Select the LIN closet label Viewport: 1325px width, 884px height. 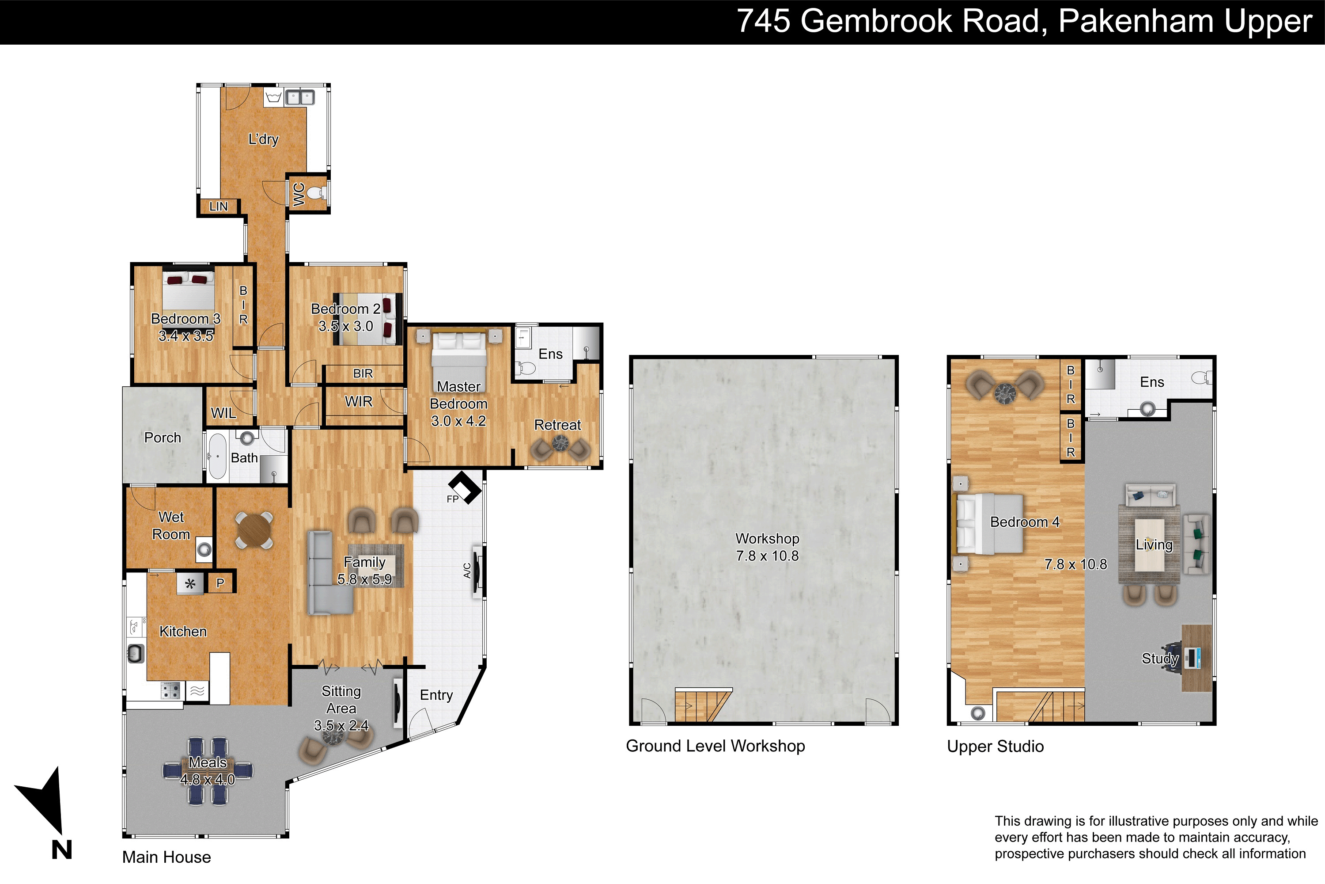tap(218, 206)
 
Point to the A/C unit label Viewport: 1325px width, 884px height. tap(467, 571)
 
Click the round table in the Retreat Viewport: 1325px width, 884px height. tap(560, 444)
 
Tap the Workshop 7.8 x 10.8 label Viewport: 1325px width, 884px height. tap(767, 547)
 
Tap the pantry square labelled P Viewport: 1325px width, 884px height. tap(220, 583)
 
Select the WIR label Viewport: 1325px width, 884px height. tap(359, 401)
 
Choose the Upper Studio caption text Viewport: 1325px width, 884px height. tap(995, 747)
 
